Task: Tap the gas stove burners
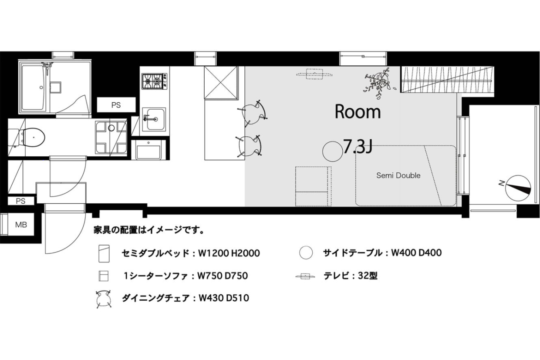153,81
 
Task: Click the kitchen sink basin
153,118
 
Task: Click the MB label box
21,225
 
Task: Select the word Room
358,112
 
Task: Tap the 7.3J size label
357,147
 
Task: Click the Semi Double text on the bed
398,175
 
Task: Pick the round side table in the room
333,151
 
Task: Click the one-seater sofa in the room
312,186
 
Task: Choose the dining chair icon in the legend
104,299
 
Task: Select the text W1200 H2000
229,253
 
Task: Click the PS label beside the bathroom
116,105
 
